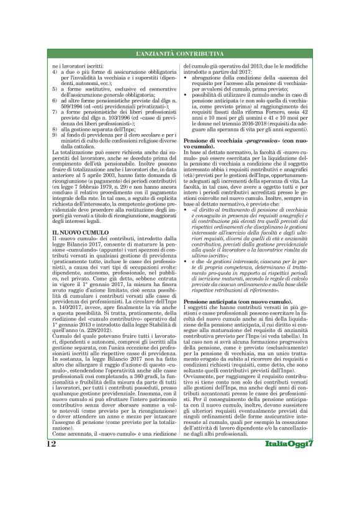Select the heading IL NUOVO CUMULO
(x=72, y=231)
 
